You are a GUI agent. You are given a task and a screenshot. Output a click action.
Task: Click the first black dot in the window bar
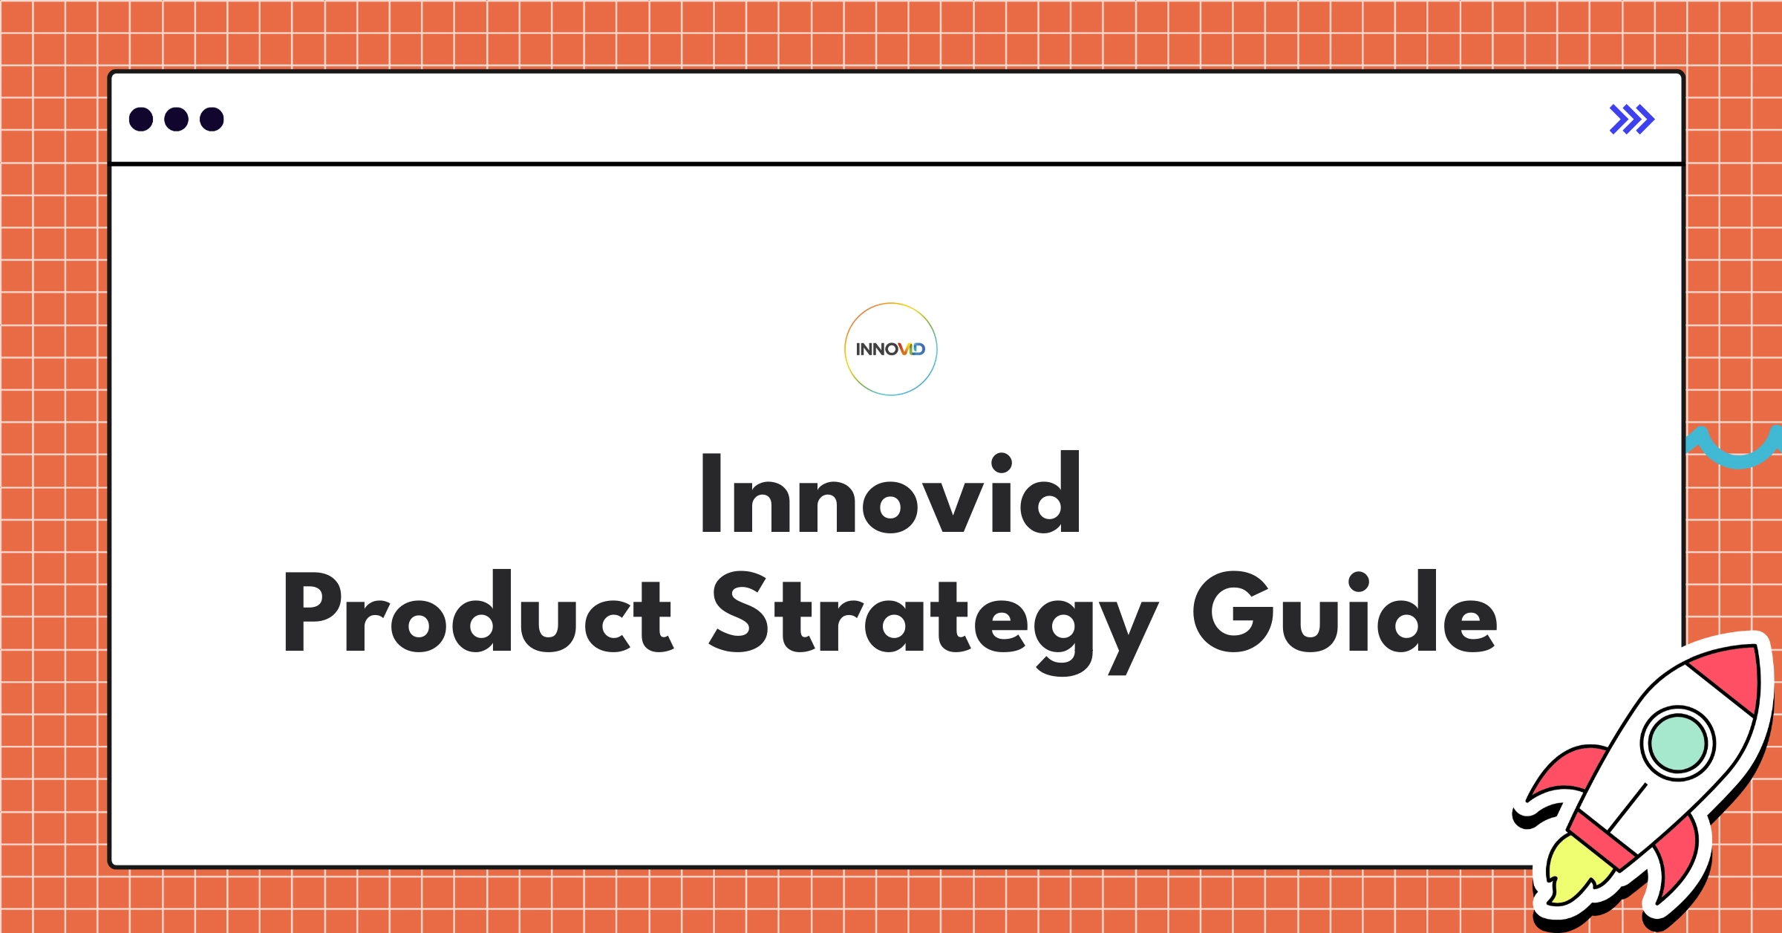coord(141,119)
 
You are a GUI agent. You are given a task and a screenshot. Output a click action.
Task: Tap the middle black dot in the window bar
coord(176,119)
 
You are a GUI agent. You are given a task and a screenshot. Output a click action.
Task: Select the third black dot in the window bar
coord(212,119)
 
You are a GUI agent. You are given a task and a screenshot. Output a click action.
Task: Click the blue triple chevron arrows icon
coord(1631,120)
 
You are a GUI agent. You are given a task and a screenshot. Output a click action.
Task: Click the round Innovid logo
coord(890,349)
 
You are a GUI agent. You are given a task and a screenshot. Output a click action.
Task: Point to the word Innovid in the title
coord(890,494)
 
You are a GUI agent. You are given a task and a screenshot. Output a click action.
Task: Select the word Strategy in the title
coord(932,617)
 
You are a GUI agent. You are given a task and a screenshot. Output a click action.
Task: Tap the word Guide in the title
coord(1344,613)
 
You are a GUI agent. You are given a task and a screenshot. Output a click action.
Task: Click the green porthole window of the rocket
coord(1677,744)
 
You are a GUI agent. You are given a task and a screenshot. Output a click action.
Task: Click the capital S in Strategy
coord(739,613)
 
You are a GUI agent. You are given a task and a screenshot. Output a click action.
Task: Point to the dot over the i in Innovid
coord(1002,463)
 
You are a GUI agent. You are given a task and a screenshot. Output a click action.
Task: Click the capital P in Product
coord(312,613)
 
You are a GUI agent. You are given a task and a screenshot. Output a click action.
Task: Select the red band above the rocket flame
coord(1604,839)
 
